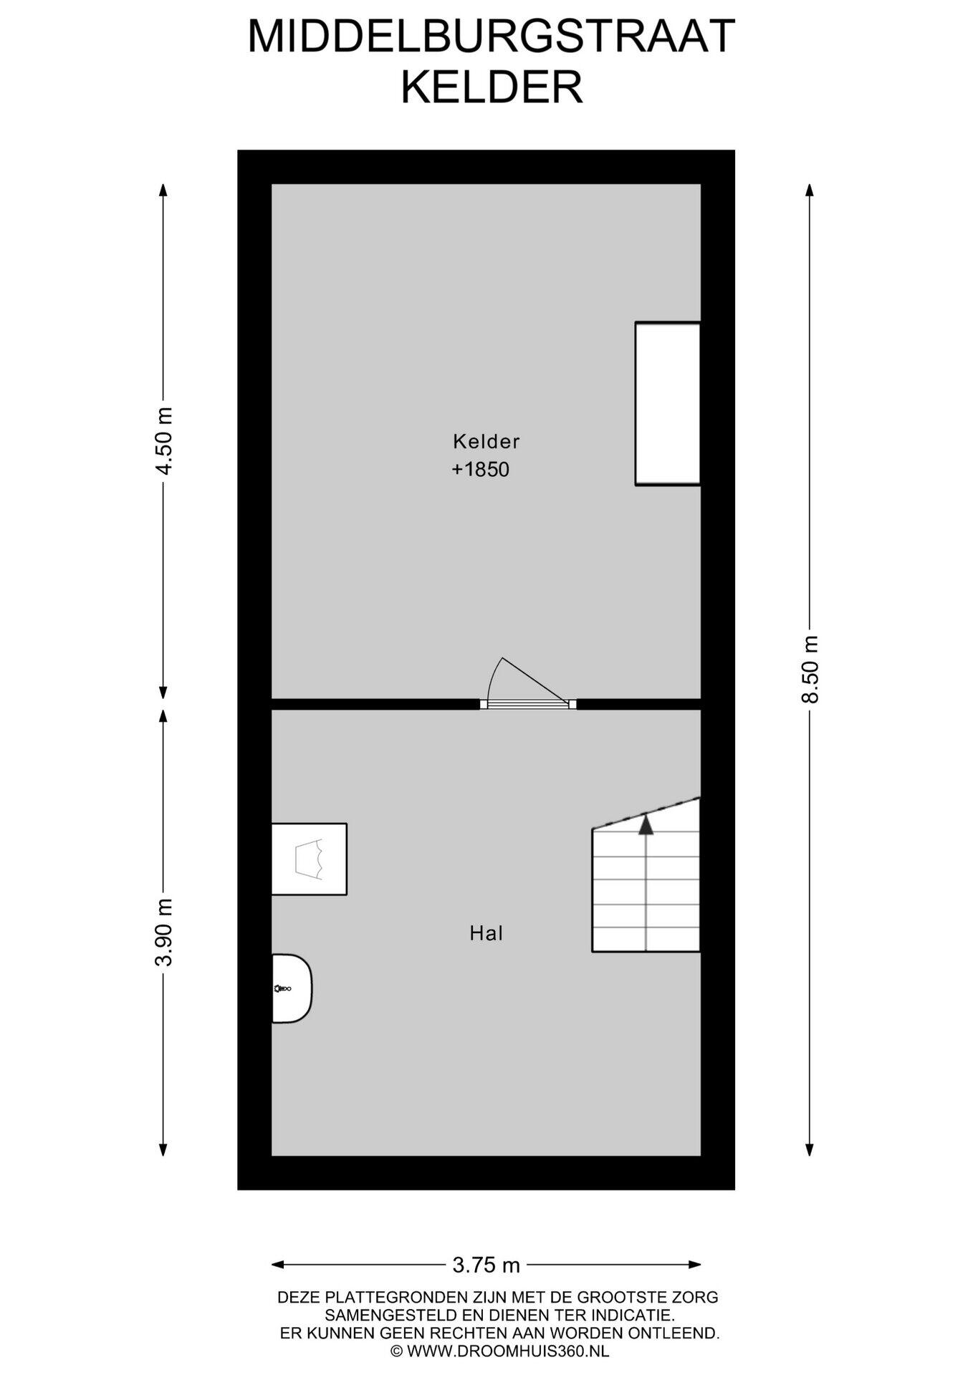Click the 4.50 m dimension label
[x=164, y=440]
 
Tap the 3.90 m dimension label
[x=164, y=932]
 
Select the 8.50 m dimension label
[x=810, y=670]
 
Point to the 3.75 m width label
[x=486, y=1265]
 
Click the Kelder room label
[x=486, y=441]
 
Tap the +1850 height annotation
[x=480, y=470]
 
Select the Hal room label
[x=486, y=933]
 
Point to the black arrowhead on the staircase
[x=646, y=824]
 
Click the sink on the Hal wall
[x=292, y=988]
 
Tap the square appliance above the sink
[x=310, y=859]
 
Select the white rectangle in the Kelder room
[x=667, y=404]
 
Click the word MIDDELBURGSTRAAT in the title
[x=491, y=37]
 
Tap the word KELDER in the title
[x=492, y=87]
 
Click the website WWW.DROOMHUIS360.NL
[x=508, y=1351]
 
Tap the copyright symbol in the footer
[x=396, y=1351]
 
